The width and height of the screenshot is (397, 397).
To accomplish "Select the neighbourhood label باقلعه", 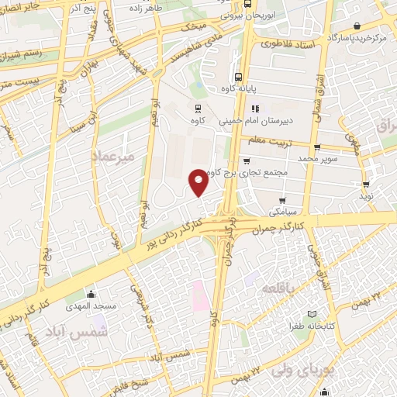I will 279,288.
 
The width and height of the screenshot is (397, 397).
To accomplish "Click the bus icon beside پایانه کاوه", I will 238,77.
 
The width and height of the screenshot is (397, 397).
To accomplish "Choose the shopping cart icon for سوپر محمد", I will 316,147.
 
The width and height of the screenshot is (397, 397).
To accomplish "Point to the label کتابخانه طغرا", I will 312,326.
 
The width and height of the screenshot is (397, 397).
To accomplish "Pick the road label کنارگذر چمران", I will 327,223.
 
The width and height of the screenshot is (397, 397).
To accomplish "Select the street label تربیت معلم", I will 268,141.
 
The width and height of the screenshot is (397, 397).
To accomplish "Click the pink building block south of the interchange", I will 198,295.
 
